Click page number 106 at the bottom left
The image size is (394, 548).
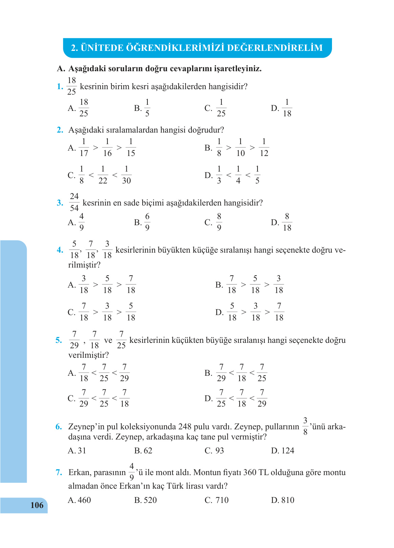[x=37, y=505]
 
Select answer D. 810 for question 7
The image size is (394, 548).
[x=283, y=500]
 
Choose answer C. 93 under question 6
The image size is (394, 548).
[x=214, y=451]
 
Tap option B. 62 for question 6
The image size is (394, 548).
[x=143, y=451]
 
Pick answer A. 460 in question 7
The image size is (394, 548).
[x=80, y=500]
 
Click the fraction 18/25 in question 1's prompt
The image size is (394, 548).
[x=71, y=86]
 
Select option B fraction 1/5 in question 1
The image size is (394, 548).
[x=147, y=108]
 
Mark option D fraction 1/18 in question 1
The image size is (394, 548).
[x=287, y=108]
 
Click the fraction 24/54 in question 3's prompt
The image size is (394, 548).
[x=74, y=202]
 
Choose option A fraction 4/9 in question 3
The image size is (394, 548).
[x=81, y=222]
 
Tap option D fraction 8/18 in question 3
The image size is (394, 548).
[x=287, y=222]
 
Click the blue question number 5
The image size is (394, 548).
[x=59, y=340]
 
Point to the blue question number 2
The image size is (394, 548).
[x=60, y=130]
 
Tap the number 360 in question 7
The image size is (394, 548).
[x=250, y=472]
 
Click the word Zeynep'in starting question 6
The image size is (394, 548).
[x=86, y=427]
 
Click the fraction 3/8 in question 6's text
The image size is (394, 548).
[x=305, y=426]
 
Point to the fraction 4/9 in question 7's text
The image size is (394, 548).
[x=132, y=472]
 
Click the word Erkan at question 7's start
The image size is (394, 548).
[x=79, y=472]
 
